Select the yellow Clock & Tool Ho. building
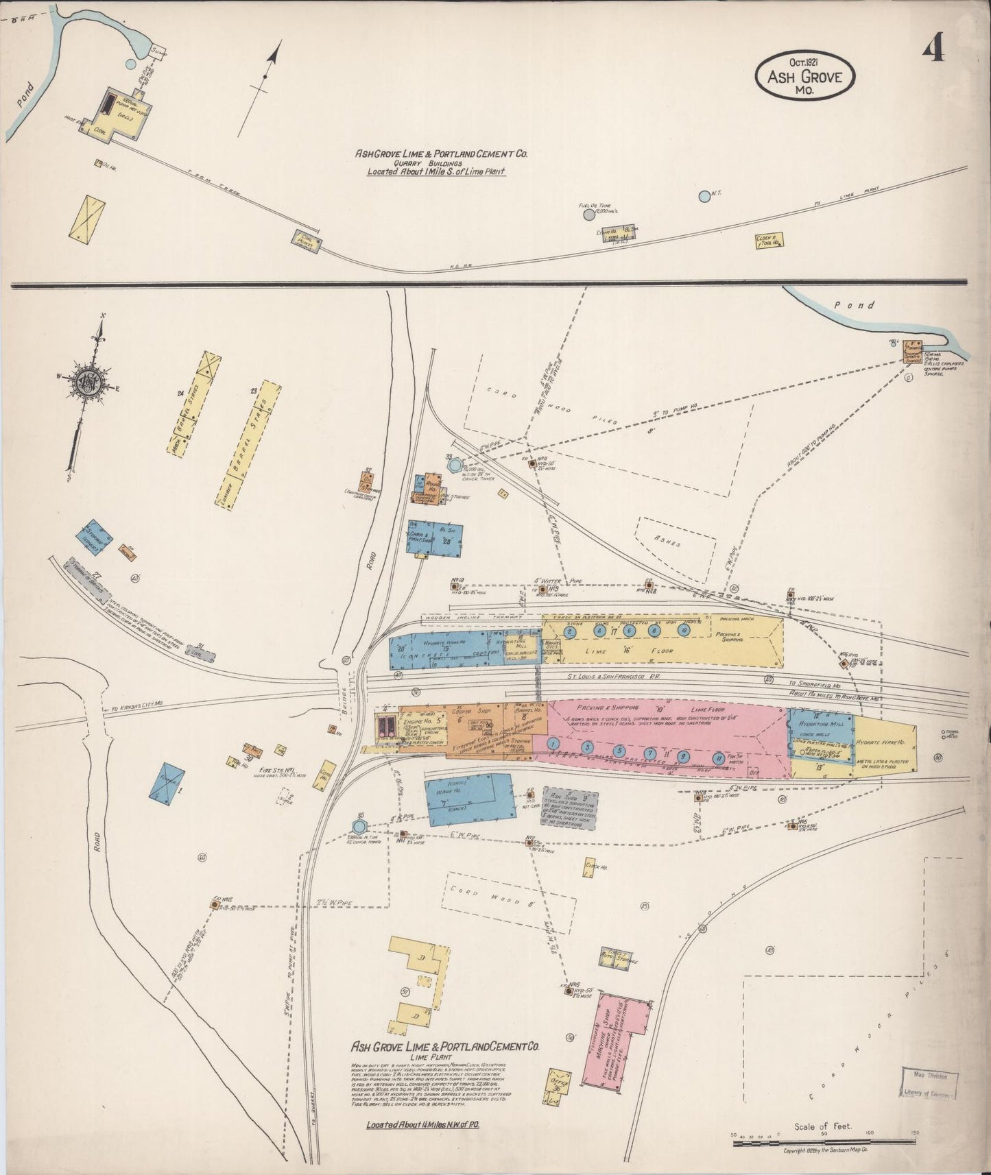tap(769, 240)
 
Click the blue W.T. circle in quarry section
tap(704, 196)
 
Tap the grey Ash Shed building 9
tap(569, 807)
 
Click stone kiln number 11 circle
tap(718, 758)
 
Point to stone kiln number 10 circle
tap(683, 630)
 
